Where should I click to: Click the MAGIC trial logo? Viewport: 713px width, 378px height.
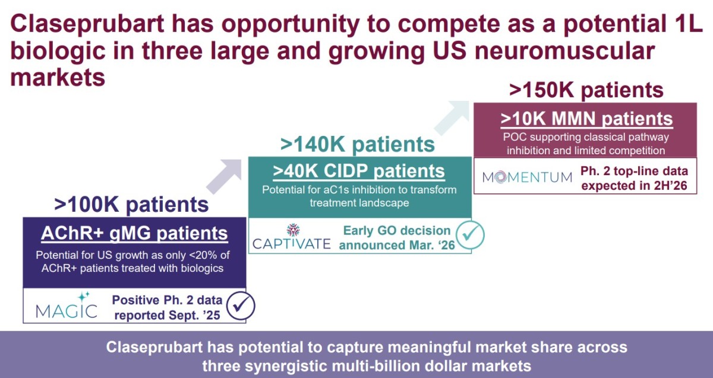pyautogui.click(x=67, y=306)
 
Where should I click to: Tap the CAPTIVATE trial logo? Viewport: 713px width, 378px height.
pyautogui.click(x=292, y=237)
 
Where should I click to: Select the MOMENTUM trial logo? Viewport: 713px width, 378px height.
pyautogui.click(x=527, y=177)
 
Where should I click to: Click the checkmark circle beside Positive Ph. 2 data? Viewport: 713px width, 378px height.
pyautogui.click(x=241, y=306)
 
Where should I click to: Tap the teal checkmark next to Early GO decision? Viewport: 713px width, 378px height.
pyautogui.click(x=470, y=235)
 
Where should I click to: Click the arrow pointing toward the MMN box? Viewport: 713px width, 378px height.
pyautogui.click(x=452, y=117)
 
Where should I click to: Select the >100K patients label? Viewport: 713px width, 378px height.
pyautogui.click(x=131, y=204)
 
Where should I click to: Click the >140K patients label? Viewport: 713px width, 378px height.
pyautogui.click(x=358, y=145)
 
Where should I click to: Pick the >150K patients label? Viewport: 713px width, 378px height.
pyautogui.click(x=586, y=90)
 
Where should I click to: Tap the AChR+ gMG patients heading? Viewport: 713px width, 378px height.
pyautogui.click(x=134, y=233)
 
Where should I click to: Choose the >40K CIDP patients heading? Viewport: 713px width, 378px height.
pyautogui.click(x=359, y=171)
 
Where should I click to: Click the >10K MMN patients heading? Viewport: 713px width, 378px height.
pyautogui.click(x=586, y=119)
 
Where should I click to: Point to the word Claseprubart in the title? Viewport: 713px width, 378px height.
pyautogui.click(x=87, y=23)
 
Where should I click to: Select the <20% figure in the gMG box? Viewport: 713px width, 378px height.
pyautogui.click(x=199, y=255)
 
